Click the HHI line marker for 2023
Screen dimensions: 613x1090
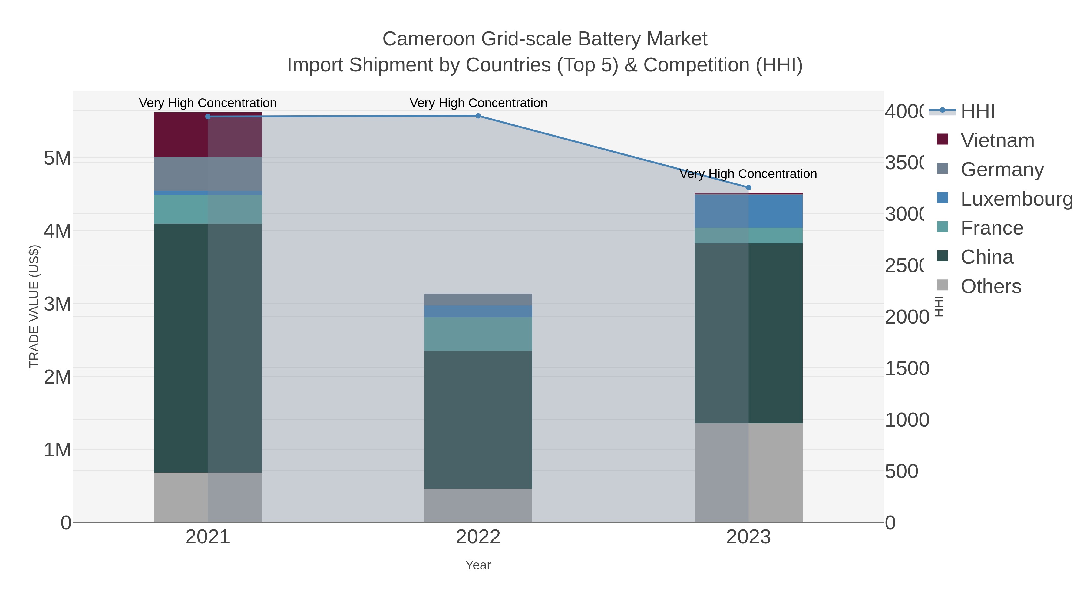coord(748,187)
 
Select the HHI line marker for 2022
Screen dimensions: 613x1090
coord(478,116)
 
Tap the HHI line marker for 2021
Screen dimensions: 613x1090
coord(208,116)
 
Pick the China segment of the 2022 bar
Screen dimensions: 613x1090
coord(478,420)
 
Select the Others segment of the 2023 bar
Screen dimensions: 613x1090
coord(748,473)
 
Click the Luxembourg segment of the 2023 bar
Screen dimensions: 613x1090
coord(748,211)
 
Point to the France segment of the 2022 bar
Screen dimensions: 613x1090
coord(478,334)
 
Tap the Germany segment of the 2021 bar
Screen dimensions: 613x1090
coord(208,173)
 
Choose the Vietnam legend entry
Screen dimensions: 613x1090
coord(997,140)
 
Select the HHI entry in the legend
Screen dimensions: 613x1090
coord(977,111)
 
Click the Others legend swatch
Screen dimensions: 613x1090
coord(943,285)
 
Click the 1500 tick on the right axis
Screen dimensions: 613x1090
coord(907,368)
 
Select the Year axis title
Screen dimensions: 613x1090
coord(478,565)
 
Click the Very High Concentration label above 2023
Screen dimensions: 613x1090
coord(748,174)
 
